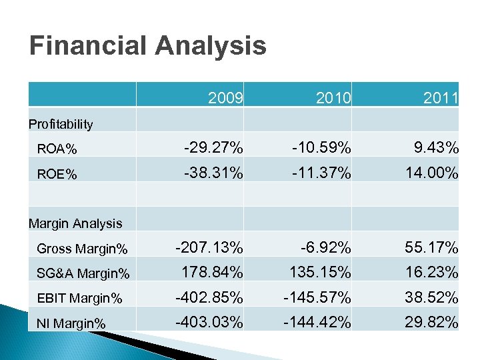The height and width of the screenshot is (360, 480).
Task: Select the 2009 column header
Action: tap(225, 99)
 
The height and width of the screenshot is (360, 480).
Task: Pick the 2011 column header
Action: tap(441, 99)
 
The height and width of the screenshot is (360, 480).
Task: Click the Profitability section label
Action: tap(61, 124)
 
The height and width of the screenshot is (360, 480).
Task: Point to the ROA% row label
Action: tap(57, 149)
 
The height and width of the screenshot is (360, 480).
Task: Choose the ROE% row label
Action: tap(57, 174)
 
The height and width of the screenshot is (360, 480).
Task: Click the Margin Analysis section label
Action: tap(75, 223)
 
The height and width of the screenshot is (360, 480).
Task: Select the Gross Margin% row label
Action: tap(82, 249)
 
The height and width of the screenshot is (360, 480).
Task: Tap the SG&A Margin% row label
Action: tap(83, 273)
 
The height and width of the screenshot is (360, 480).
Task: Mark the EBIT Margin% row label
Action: tap(79, 299)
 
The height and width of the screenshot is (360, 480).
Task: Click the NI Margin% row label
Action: tap(71, 323)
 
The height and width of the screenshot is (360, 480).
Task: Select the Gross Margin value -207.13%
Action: tap(209, 247)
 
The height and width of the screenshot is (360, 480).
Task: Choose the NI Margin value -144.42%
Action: tap(317, 323)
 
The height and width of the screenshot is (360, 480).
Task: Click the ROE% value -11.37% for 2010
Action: tap(321, 173)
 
